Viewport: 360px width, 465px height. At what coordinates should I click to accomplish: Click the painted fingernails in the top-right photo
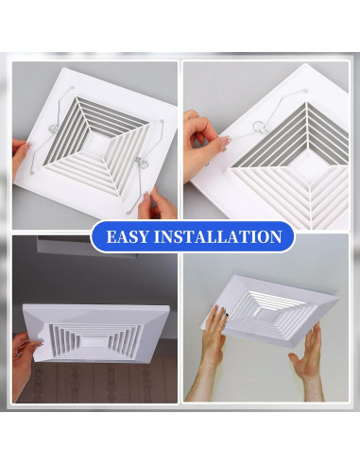[x=227, y=141]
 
